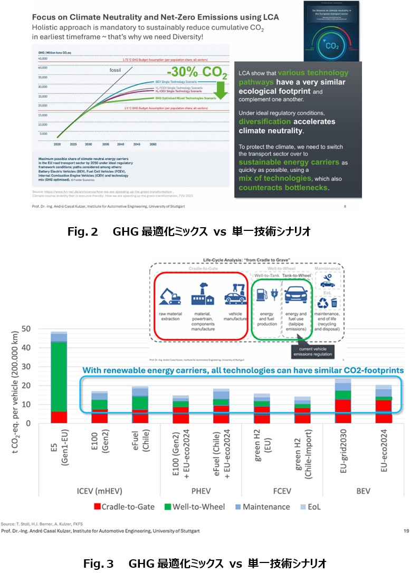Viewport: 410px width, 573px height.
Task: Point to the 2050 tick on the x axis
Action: click(x=153, y=144)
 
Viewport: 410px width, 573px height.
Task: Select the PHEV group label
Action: click(x=203, y=491)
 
